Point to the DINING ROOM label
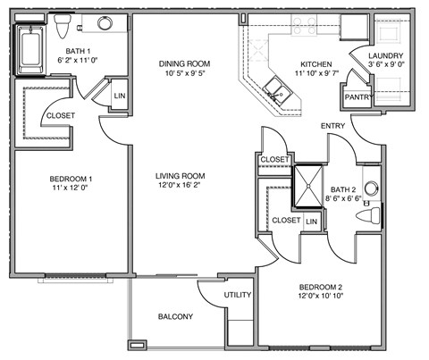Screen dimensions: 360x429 pyautogui.click(x=184, y=63)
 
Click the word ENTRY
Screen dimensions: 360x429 pyautogui.click(x=333, y=126)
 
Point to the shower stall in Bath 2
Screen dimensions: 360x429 pyautogui.click(x=310, y=186)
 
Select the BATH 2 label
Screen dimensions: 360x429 pyautogui.click(x=342, y=189)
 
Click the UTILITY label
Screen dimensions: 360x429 pyautogui.click(x=238, y=295)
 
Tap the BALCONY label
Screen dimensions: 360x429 pyautogui.click(x=176, y=316)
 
